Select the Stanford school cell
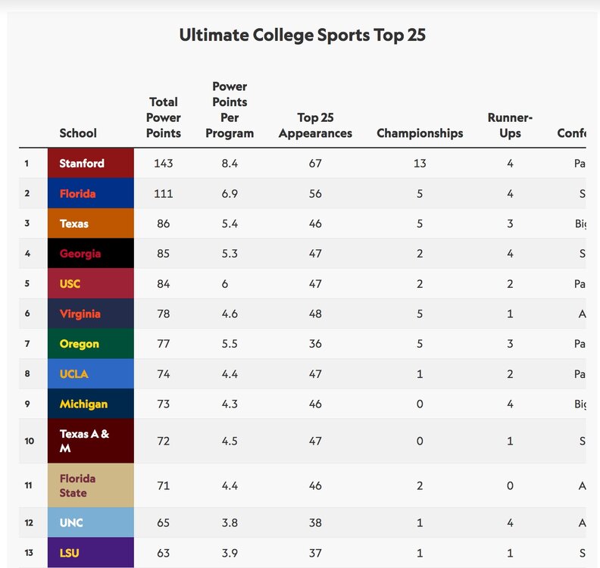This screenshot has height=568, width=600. click(90, 163)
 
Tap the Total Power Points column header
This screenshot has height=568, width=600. click(164, 117)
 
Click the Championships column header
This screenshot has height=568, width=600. click(420, 133)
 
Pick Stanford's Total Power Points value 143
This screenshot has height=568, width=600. click(164, 163)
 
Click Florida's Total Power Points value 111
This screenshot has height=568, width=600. click(164, 193)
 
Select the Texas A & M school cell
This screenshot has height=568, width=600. click(90, 441)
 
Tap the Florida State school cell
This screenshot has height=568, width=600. click(90, 485)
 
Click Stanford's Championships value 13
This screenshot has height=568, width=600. click(420, 163)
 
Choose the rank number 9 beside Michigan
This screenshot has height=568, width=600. click(27, 404)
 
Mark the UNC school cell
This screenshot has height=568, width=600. click(90, 523)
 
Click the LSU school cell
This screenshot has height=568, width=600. click(90, 553)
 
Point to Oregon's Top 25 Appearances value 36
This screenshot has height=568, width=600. click(315, 344)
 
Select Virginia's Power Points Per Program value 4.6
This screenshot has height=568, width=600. click(230, 314)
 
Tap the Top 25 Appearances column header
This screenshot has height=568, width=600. click(315, 125)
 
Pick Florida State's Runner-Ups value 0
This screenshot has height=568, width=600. click(510, 485)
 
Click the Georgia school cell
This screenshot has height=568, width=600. click(90, 254)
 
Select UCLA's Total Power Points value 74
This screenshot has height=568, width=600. click(164, 374)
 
